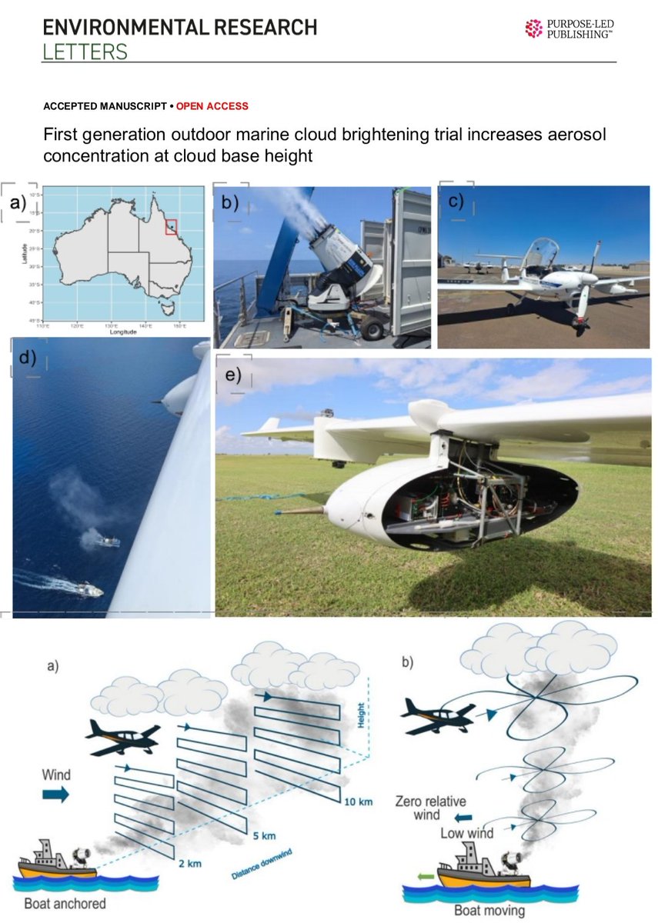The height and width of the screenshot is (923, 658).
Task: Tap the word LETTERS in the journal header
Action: pos(85,52)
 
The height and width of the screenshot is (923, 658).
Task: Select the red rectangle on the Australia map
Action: pos(172,226)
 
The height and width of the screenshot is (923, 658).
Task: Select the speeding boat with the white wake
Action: pos(89,591)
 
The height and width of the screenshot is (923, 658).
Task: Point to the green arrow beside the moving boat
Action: pos(423,875)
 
